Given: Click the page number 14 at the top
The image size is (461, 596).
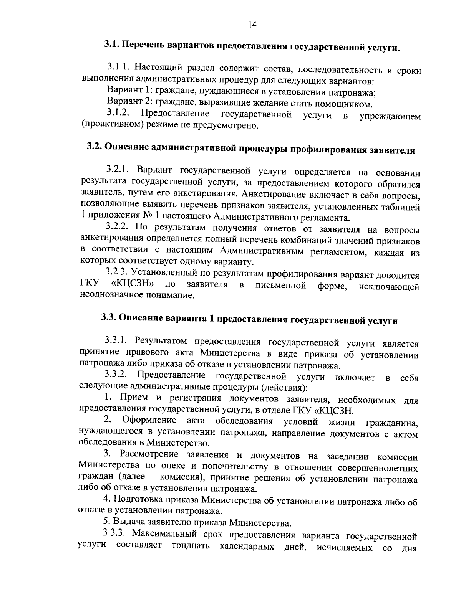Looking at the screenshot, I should coord(252,25).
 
